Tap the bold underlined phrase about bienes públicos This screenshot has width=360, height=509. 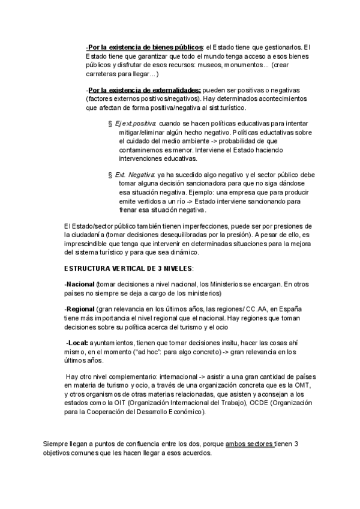[x=145, y=47]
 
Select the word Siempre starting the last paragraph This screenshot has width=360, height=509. [x=57, y=444]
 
